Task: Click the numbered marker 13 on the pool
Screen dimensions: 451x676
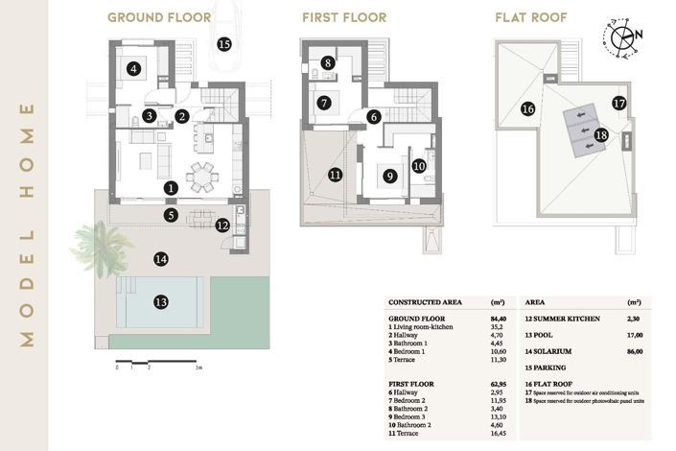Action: [161, 301]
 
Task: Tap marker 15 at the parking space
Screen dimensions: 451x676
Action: [224, 44]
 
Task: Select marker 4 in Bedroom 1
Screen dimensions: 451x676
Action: [134, 68]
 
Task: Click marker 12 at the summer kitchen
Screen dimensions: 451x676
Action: [222, 225]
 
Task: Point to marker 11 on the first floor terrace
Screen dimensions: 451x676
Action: [335, 175]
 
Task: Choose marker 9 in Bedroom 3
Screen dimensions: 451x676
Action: [389, 176]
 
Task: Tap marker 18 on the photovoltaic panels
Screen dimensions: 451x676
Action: [601, 135]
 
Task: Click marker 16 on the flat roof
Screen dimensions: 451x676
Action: [527, 109]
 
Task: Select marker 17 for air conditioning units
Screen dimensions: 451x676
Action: [618, 103]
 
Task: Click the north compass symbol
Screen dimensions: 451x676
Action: [624, 36]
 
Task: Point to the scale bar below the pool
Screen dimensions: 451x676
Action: [157, 366]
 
